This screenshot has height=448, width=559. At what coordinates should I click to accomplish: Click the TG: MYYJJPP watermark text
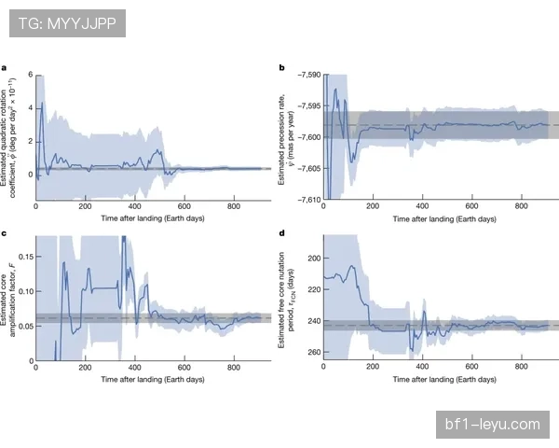66,22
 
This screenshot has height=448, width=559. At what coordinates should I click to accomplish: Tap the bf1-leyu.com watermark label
491,425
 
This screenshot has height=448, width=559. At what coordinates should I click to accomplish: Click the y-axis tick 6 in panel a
30,75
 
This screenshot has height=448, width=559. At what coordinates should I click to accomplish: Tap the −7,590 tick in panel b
306,74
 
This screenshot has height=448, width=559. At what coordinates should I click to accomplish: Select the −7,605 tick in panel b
306,168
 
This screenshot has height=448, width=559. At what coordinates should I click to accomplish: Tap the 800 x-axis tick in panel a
234,207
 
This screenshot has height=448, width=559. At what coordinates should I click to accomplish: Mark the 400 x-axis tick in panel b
423,207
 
